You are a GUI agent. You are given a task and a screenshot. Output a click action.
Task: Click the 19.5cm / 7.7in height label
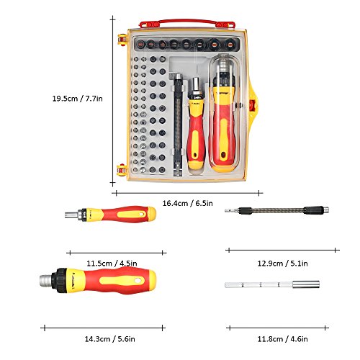(x=78, y=99)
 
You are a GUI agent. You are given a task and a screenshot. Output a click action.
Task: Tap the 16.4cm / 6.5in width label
(x=188, y=203)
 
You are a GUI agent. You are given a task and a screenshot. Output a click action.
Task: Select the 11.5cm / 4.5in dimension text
(x=112, y=264)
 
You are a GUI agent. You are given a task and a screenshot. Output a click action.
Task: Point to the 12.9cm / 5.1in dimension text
(x=283, y=264)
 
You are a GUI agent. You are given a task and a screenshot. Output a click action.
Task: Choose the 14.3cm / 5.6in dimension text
(x=110, y=339)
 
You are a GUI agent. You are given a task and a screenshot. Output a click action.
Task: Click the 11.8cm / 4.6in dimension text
(x=283, y=339)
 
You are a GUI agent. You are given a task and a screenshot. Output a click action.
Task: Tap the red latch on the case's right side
(x=251, y=105)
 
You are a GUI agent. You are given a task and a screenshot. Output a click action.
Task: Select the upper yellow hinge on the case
(x=122, y=40)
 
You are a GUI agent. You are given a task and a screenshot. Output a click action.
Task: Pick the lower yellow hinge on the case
(x=122, y=170)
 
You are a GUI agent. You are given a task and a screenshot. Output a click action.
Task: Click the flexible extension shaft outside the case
(x=276, y=210)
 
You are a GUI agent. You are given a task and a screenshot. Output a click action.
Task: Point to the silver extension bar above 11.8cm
(x=272, y=284)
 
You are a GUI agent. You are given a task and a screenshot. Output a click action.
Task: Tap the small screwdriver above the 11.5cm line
(x=110, y=214)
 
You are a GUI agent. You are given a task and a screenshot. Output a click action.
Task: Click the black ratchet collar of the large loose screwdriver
(x=59, y=280)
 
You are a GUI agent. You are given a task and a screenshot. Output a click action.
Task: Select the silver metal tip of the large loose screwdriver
(x=45, y=280)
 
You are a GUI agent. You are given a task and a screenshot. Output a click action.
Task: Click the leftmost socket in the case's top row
(x=140, y=45)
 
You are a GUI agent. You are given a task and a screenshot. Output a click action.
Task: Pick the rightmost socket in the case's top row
(x=230, y=45)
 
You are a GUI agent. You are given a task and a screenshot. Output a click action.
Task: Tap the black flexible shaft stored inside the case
(x=178, y=125)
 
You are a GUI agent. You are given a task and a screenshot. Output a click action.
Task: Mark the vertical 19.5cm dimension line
(x=113, y=102)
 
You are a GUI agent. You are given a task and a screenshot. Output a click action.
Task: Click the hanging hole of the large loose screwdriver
(x=138, y=280)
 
